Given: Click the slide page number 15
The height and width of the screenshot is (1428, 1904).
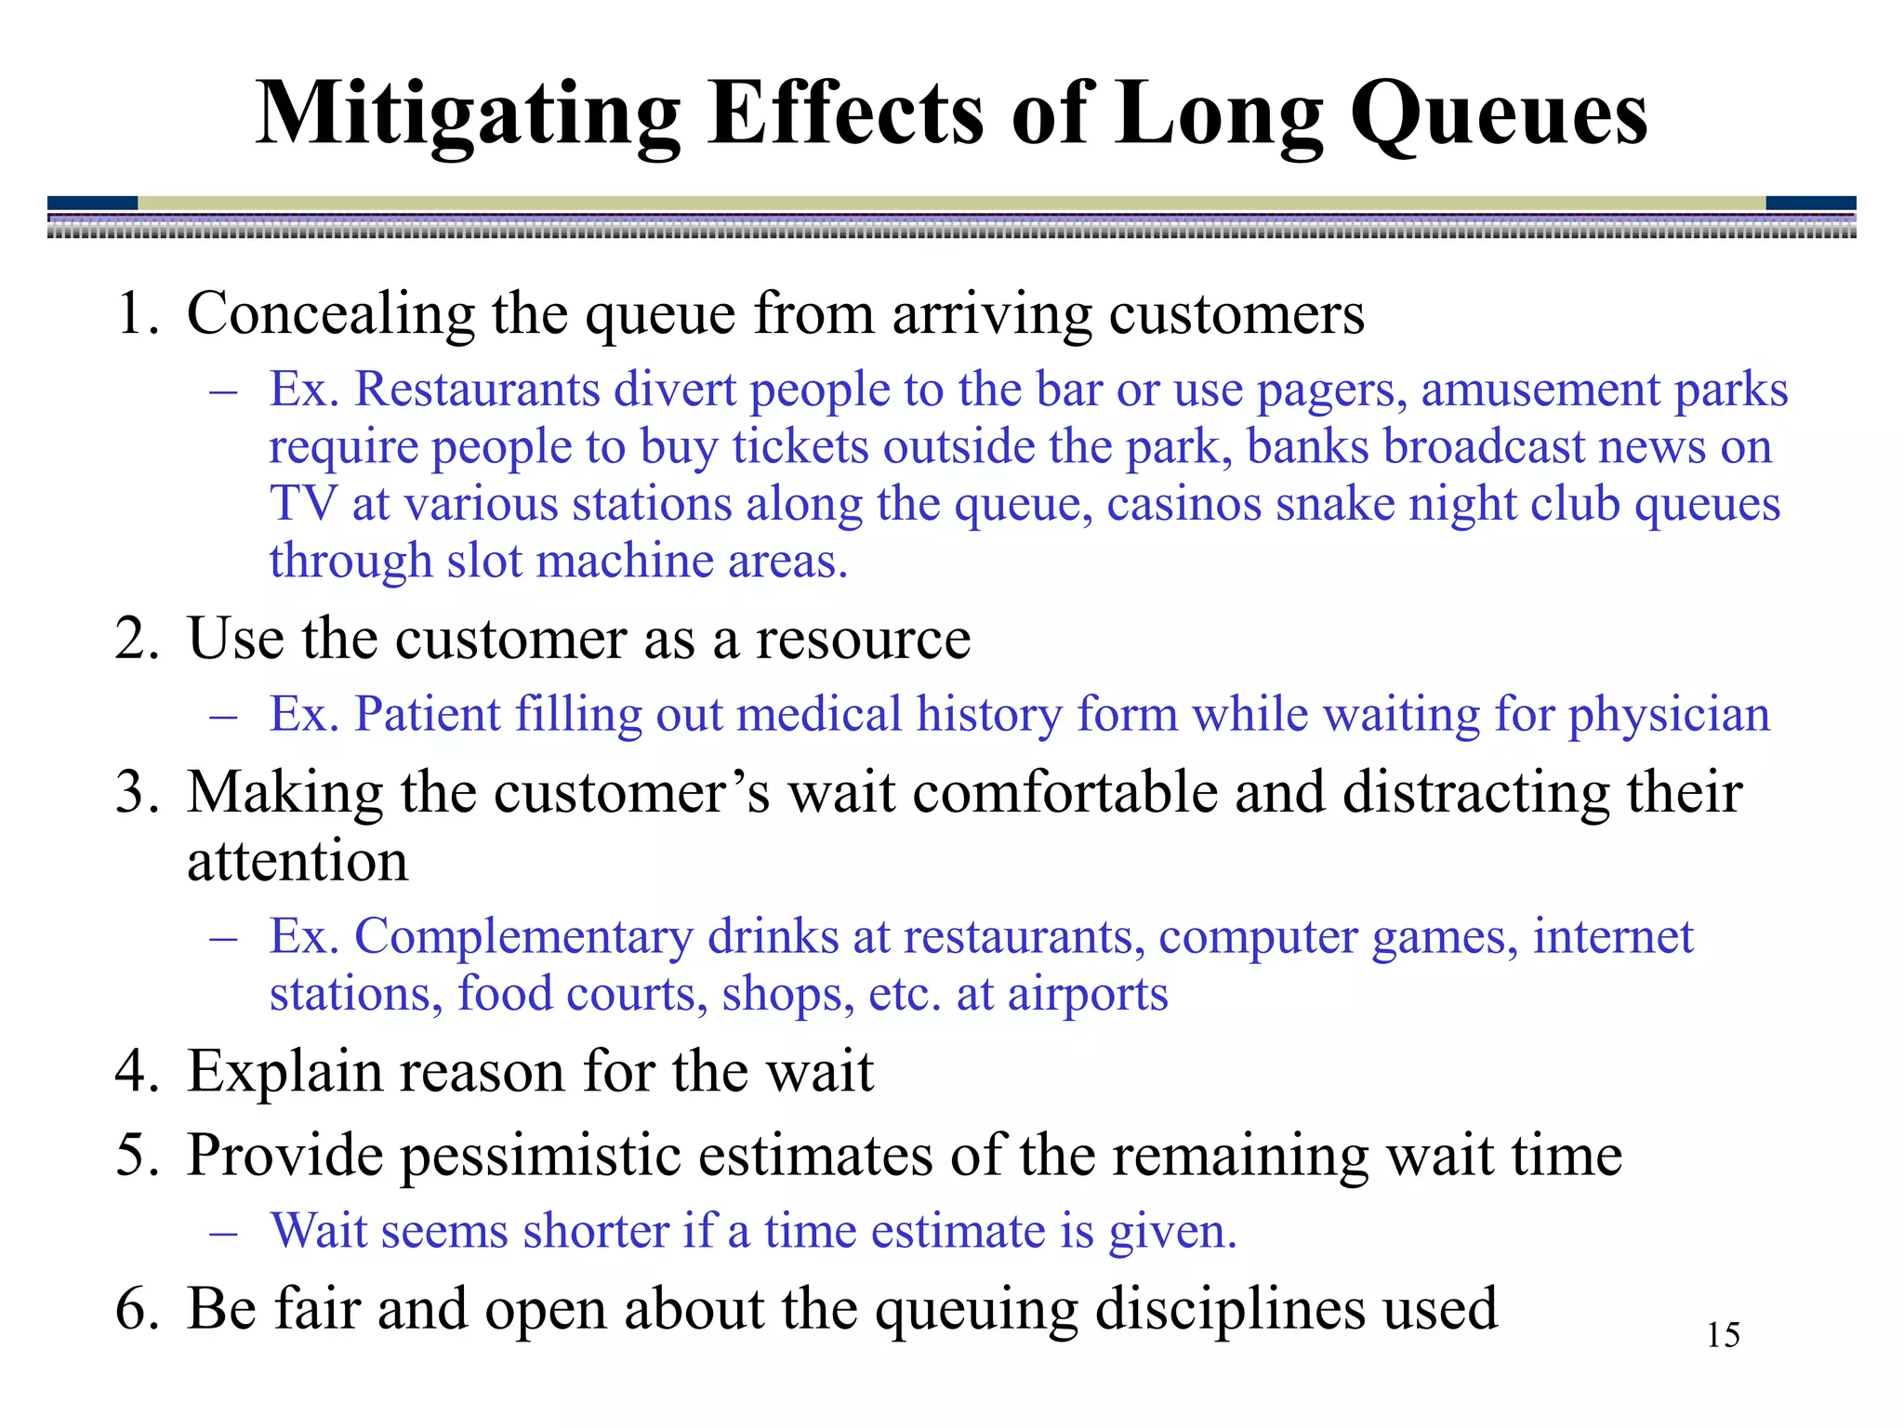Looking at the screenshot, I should [1723, 1335].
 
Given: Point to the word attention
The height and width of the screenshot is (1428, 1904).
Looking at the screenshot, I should [297, 861].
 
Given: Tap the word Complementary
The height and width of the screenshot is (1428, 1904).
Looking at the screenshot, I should [523, 936].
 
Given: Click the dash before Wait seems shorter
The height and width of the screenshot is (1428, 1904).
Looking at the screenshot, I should [224, 1233].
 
